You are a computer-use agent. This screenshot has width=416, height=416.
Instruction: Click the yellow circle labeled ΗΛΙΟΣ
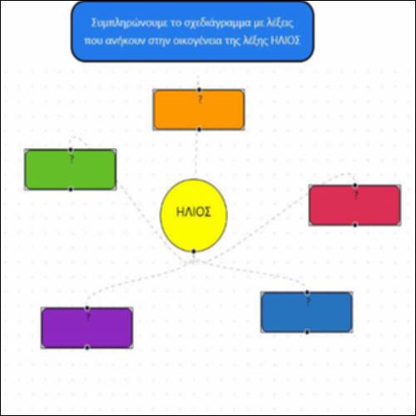pos(194,215)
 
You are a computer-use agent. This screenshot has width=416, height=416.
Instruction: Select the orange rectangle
pos(199,110)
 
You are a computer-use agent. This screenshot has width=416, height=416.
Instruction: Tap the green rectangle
pos(71,170)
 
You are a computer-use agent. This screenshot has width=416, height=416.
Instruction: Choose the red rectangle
pos(354,205)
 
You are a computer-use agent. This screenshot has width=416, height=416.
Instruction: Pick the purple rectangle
pos(87,328)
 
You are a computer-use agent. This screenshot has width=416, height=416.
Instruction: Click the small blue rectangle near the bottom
pos(307,312)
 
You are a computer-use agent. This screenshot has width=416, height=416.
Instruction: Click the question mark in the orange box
pos(200,99)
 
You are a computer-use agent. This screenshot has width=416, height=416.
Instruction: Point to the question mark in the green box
pos(72,159)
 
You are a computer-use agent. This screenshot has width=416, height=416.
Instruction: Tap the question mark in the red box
pos(356,195)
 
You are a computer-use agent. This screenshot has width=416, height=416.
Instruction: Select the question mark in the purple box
pos(88,317)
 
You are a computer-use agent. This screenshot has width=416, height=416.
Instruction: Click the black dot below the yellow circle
pos(194,251)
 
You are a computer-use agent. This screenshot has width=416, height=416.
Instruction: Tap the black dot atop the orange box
pos(199,90)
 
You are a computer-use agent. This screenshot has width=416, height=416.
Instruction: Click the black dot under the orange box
pos(199,130)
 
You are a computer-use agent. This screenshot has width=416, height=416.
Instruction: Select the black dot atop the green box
pos(71,150)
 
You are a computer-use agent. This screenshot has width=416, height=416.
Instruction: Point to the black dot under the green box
pos(71,190)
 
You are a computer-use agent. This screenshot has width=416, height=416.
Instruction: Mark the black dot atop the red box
pos(355,186)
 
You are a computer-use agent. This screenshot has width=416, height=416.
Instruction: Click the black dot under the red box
pos(355,225)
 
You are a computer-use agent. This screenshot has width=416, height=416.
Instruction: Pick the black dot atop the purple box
pos(87,308)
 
